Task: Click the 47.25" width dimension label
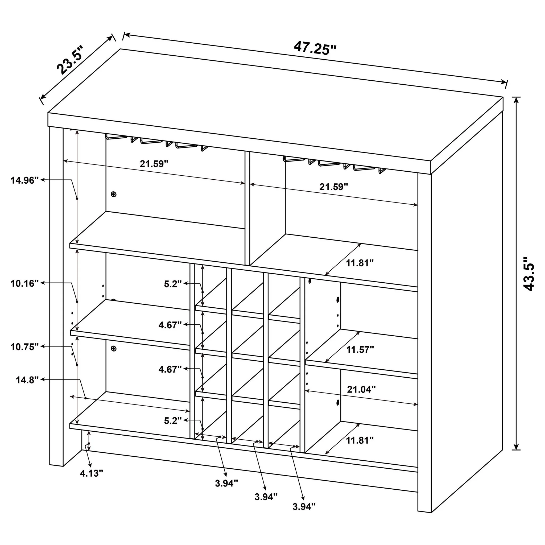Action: [315, 48]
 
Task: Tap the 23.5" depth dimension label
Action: [69, 60]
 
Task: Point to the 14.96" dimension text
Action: [24, 180]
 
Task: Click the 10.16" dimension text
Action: [24, 283]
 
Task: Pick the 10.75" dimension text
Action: [24, 347]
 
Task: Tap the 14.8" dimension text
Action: [27, 380]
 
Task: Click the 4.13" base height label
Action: [92, 473]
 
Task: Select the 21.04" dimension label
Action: [361, 390]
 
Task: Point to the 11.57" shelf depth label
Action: [360, 350]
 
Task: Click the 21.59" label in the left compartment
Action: [154, 164]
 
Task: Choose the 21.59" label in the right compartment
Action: [334, 187]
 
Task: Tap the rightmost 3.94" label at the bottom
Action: [304, 515]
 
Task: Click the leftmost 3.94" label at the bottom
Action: [226, 483]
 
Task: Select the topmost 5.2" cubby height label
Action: [173, 284]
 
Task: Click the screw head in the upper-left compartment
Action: [113, 194]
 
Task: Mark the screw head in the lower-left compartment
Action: [113, 349]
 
